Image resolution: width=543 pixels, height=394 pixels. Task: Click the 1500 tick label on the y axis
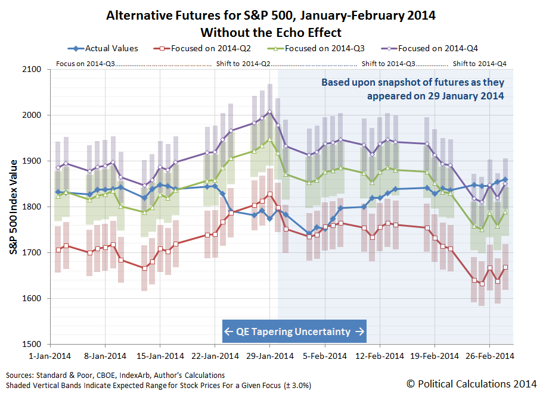point(35,345)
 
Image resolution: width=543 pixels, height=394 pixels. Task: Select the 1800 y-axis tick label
point(35,207)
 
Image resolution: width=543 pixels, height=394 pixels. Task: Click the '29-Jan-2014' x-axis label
point(269,356)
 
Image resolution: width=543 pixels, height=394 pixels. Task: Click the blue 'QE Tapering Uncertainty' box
point(294,332)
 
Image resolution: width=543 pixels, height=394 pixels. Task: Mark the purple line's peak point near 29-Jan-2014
point(269,111)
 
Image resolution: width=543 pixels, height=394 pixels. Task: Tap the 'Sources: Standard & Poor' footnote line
point(116,376)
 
